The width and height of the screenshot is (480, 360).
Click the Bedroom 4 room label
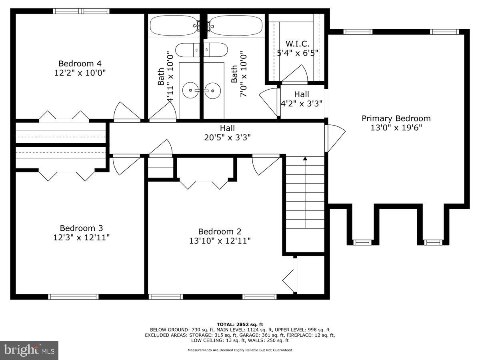point(80,63)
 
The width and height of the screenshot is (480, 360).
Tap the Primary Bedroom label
point(396,118)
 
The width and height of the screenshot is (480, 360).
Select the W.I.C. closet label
point(298,44)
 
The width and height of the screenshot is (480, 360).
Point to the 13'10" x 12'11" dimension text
point(220,241)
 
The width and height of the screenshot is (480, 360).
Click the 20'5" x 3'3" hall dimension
point(228,138)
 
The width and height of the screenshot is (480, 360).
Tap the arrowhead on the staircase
point(305,158)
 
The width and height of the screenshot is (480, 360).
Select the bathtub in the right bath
point(236,26)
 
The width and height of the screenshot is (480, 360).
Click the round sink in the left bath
point(191,90)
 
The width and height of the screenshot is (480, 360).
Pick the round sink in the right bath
point(212,90)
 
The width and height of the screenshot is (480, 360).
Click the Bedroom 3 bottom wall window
point(73,297)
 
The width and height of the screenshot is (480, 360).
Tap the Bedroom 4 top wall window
point(81,11)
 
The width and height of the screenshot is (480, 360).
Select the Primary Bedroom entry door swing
point(334,138)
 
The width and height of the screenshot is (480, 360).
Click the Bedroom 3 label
point(81,228)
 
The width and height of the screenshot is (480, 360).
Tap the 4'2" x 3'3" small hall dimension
point(302,103)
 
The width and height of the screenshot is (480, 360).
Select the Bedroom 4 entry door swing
point(127,112)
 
